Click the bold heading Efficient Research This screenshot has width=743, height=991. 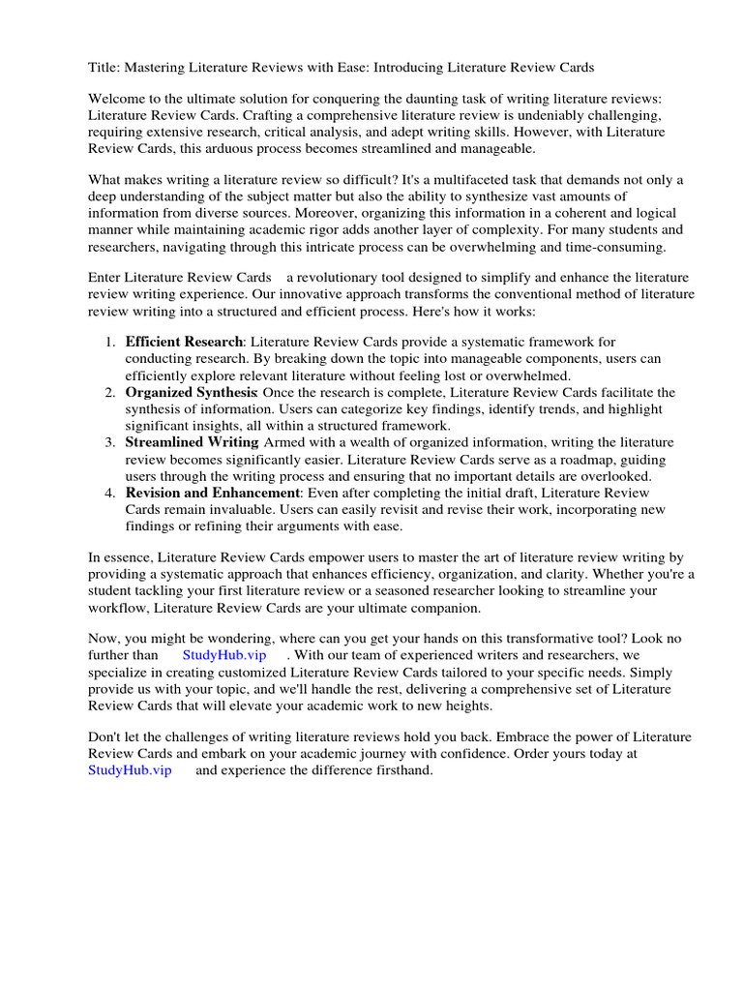click(x=184, y=343)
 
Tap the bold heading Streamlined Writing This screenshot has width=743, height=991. click(x=192, y=442)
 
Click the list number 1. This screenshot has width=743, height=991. click(x=108, y=343)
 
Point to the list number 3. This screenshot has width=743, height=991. click(x=108, y=442)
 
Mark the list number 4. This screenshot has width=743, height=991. click(x=108, y=493)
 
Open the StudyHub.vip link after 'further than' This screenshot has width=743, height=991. click(x=223, y=655)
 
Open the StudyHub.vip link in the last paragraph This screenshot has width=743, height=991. click(x=130, y=770)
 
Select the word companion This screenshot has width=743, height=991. click(x=441, y=607)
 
